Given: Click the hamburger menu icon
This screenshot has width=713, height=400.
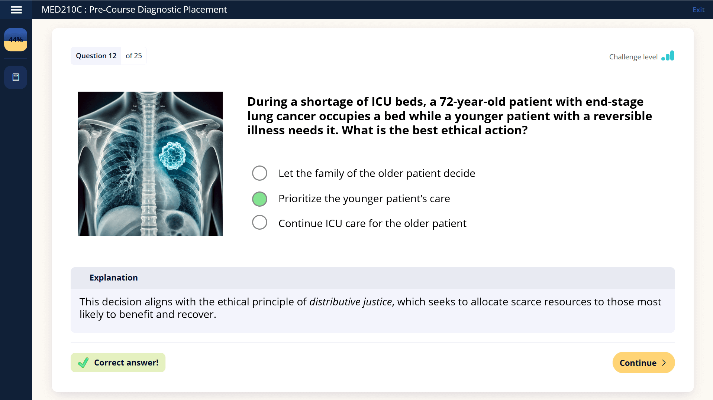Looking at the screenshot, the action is click(x=16, y=10).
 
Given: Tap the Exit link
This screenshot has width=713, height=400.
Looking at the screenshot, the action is click(x=698, y=10).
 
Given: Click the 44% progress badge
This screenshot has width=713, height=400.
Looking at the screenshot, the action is click(x=16, y=40).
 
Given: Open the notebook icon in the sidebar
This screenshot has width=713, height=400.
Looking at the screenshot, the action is click(x=16, y=77).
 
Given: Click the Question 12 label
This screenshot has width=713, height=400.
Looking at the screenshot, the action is click(x=96, y=56).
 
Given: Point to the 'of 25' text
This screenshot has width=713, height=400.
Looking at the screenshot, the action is click(x=134, y=56).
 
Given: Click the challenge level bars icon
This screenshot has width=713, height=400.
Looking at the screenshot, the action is click(x=668, y=56).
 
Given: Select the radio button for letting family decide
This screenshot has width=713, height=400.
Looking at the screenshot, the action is click(x=259, y=173).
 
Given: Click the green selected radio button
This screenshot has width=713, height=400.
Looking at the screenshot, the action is click(x=259, y=199).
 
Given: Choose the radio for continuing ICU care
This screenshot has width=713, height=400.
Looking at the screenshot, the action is click(x=259, y=223).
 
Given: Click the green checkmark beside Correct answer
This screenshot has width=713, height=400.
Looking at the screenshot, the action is click(x=83, y=362).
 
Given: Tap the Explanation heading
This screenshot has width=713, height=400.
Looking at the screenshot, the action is click(x=113, y=278).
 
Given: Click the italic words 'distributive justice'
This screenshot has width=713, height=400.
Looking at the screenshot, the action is click(x=351, y=302).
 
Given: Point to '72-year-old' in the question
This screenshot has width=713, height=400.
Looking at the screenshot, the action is click(x=472, y=102).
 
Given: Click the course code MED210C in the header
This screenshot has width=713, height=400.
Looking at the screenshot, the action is click(x=61, y=10).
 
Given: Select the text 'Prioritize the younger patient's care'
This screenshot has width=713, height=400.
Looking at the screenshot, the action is click(x=364, y=199).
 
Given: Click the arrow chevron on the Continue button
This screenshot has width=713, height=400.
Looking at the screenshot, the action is click(x=664, y=363).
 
